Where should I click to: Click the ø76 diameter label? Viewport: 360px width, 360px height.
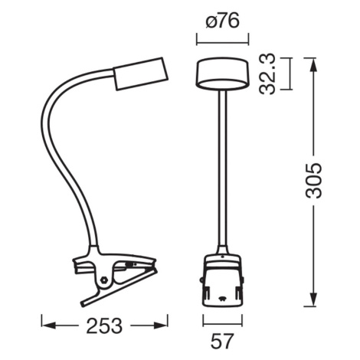click(222, 21)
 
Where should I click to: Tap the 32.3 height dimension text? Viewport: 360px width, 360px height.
click(267, 74)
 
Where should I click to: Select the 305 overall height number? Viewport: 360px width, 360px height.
click(314, 181)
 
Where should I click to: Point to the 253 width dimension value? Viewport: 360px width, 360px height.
click(104, 326)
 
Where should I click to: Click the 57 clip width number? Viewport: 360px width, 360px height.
click(222, 341)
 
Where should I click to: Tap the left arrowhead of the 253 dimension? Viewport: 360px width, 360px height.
click(48, 326)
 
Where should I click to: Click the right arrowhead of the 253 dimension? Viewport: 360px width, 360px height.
click(161, 326)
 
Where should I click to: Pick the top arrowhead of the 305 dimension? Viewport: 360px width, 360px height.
click(313, 65)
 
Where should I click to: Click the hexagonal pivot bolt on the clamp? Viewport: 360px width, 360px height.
click(104, 280)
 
